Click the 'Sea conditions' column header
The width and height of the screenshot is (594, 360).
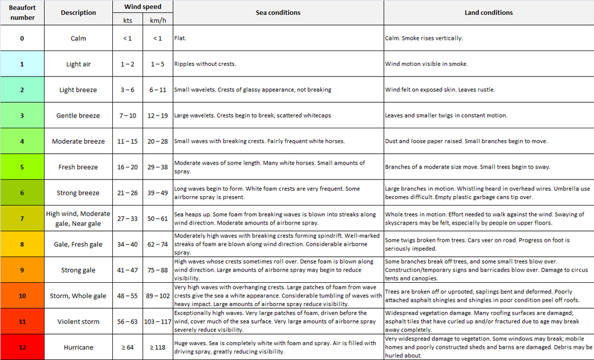tap(278, 12)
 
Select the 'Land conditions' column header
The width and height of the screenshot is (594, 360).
tap(488, 12)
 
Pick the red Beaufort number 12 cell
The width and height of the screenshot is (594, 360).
tap(22, 347)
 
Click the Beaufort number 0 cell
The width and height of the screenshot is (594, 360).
tap(22, 38)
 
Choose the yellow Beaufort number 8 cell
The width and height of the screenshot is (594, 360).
tap(22, 244)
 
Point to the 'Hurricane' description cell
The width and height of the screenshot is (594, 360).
tap(78, 347)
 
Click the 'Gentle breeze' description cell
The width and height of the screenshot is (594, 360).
tap(78, 115)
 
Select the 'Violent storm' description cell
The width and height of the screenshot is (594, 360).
tap(78, 321)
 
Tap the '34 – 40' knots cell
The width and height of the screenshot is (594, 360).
tap(127, 244)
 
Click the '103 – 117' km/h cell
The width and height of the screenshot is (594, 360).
tap(157, 321)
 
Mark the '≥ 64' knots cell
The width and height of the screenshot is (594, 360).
tap(127, 347)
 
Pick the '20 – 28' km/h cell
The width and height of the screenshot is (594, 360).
tap(157, 141)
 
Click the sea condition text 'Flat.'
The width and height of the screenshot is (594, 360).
tap(179, 38)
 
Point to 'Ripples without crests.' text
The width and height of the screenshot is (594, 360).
tap(205, 64)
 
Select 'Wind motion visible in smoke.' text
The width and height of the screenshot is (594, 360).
tap(426, 64)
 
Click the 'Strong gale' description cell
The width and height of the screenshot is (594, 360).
tap(78, 270)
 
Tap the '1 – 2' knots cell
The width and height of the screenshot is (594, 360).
tap(127, 64)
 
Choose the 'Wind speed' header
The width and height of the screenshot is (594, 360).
tap(143, 7)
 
